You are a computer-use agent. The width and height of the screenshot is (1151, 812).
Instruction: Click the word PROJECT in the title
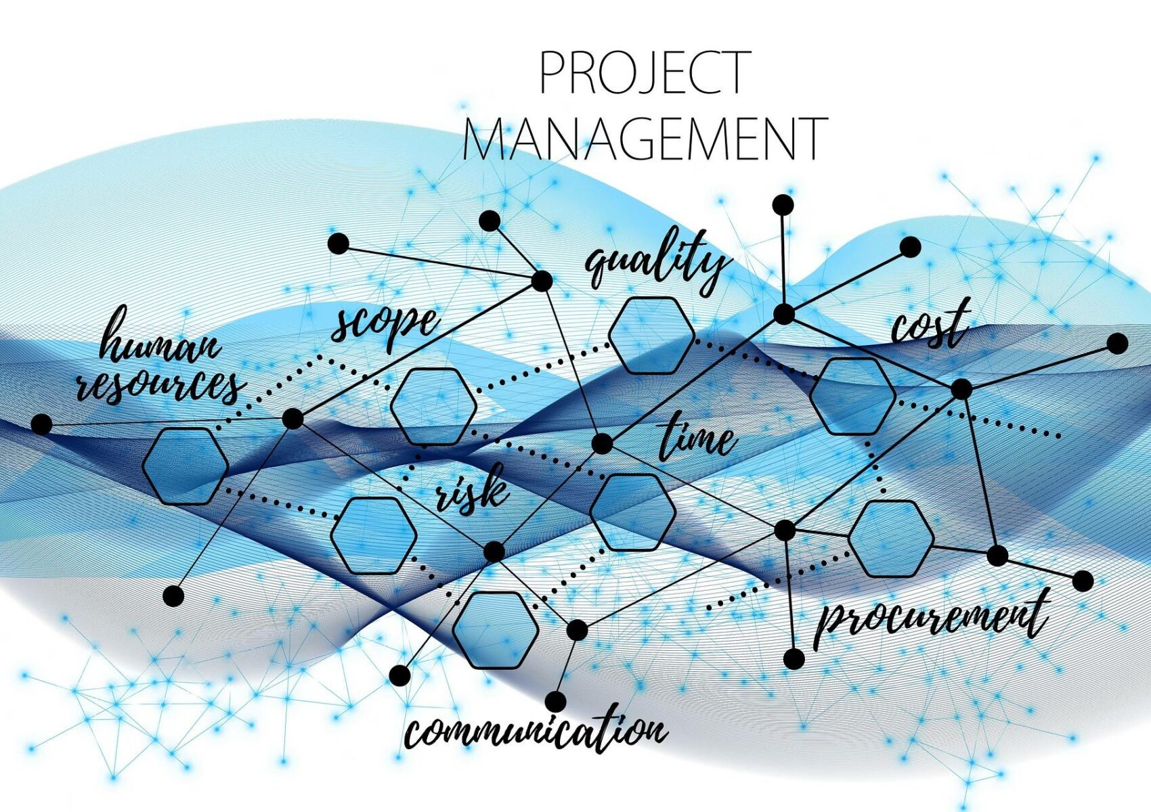tap(645, 72)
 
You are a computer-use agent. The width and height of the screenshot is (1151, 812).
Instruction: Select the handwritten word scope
tap(385, 325)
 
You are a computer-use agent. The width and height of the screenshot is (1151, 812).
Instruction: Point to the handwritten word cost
tap(931, 323)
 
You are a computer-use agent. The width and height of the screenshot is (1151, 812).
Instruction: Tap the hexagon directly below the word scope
tap(434, 406)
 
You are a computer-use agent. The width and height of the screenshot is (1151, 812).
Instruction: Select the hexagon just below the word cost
tap(853, 397)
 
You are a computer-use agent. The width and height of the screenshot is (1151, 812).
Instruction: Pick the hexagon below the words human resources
tap(185, 466)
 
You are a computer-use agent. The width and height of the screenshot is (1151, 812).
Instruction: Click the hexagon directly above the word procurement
tap(891, 539)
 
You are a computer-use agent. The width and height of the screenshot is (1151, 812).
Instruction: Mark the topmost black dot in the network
tap(783, 205)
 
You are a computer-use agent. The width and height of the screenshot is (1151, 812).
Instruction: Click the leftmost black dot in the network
tap(41, 425)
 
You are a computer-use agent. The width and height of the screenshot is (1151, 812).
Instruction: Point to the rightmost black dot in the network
tap(1117, 344)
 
